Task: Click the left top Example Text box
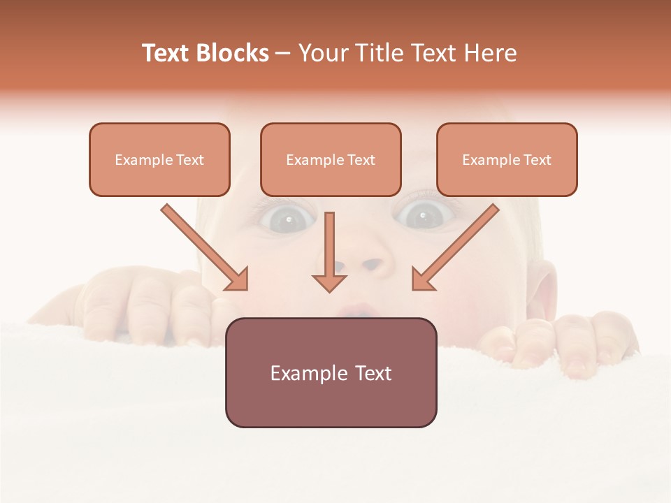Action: tap(159, 159)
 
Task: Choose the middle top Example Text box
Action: tap(331, 159)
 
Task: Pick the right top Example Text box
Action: tap(507, 159)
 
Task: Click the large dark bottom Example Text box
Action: tap(331, 372)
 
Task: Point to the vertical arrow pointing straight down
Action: tap(329, 251)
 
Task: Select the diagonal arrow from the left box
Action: tap(205, 247)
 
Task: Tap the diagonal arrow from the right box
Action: tap(456, 247)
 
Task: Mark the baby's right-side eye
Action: tap(421, 216)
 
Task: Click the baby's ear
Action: tap(547, 287)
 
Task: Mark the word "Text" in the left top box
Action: tap(189, 160)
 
